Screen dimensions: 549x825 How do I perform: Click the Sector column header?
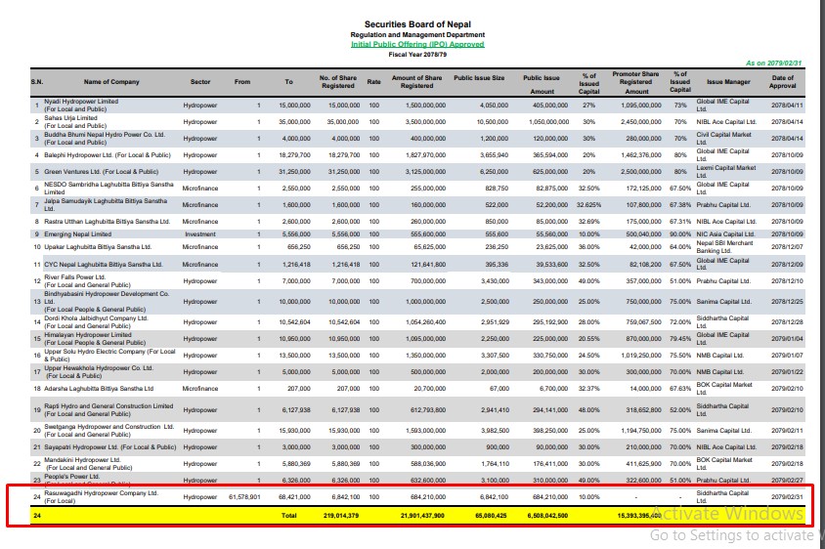pos(200,82)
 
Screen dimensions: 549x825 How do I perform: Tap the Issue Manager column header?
pos(728,82)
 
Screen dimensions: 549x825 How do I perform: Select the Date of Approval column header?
pos(783,82)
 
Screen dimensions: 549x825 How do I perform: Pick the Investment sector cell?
pos(200,234)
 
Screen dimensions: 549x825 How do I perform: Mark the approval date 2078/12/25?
pos(786,302)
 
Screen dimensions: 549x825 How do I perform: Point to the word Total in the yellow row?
pos(288,514)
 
